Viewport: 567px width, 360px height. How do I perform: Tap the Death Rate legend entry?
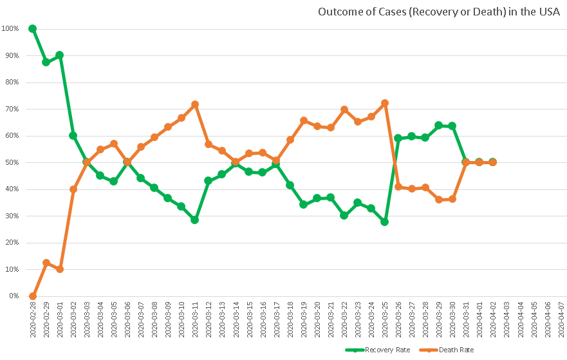[x=456, y=350]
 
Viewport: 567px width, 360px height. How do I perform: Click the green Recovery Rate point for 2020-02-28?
[x=32, y=29]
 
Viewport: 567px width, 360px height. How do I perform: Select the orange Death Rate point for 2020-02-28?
[x=32, y=296]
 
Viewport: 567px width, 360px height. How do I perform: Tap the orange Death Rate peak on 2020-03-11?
[x=194, y=104]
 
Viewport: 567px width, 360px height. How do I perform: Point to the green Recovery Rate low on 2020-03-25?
[x=384, y=222]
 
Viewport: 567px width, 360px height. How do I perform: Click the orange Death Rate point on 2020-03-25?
[x=384, y=103]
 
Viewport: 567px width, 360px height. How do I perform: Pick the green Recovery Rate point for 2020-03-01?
[x=59, y=55]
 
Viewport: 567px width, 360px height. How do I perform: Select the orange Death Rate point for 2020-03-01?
[x=59, y=269]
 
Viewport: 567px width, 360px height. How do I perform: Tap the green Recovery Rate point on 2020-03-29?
[x=438, y=125]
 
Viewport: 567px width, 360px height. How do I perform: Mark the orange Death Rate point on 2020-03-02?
[x=73, y=189]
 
